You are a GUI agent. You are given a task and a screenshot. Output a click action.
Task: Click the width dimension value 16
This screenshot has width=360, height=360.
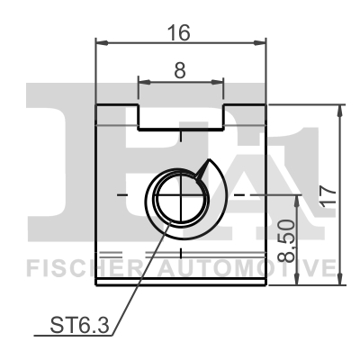180,32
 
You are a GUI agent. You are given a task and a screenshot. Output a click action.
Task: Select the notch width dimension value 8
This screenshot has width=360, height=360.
180,70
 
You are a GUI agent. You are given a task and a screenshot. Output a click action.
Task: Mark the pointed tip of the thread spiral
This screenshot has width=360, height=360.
209,161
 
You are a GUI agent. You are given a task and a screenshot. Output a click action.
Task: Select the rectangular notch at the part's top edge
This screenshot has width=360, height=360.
180,114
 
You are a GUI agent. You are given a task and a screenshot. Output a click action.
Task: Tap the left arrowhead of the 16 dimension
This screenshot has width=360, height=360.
101,42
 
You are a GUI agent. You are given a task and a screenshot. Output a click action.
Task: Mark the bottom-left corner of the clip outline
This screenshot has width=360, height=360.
97,283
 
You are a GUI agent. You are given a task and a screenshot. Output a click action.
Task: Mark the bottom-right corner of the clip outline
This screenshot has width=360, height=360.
266,283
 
